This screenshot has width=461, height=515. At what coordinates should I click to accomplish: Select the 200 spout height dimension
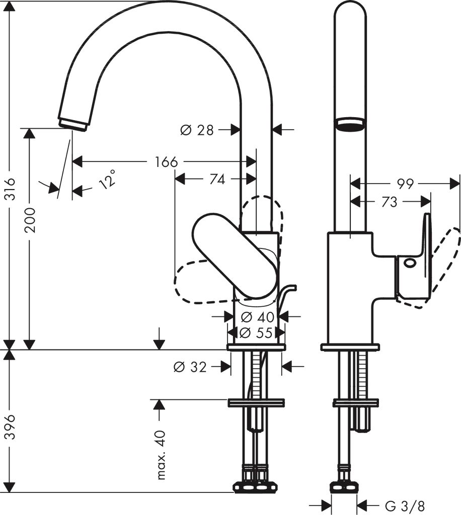click(30, 219)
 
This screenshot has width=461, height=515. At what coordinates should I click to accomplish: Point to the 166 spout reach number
click(166, 162)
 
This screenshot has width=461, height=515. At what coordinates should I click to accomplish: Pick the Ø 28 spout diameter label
click(197, 130)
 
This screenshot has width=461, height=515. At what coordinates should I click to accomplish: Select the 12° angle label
click(107, 179)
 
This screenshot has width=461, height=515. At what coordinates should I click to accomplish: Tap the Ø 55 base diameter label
click(257, 332)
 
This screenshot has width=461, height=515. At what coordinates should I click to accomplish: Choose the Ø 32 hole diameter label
click(190, 367)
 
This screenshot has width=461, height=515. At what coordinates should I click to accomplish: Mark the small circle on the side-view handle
click(409, 262)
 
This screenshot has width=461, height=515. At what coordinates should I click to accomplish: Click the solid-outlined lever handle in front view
click(234, 254)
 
